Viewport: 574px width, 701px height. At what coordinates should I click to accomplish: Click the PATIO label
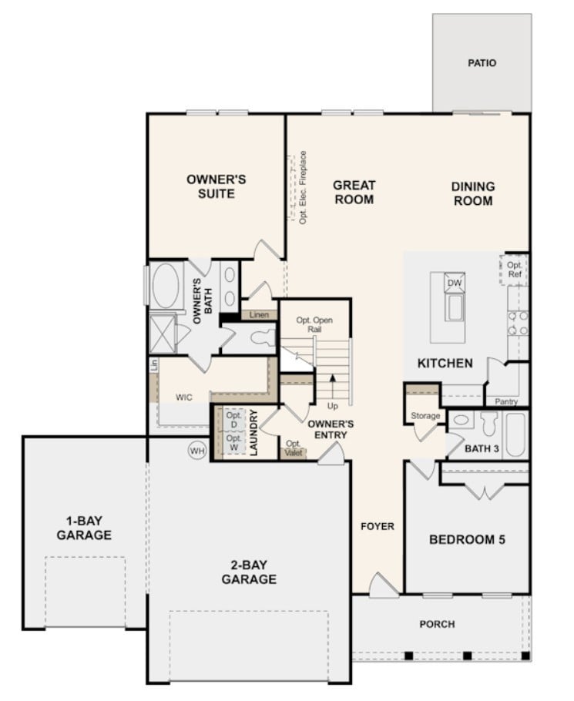[482, 63]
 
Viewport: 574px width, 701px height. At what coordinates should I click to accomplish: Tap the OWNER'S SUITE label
[217, 186]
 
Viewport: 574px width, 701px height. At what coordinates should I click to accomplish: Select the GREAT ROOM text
[354, 193]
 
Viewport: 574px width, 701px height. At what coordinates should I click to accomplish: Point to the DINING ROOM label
[472, 193]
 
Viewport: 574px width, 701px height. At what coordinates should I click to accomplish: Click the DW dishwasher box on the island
[455, 283]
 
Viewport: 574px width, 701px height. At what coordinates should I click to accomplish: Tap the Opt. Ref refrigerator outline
[514, 270]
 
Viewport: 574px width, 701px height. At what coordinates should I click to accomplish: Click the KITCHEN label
[445, 363]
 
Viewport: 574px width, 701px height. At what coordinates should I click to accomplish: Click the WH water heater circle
[196, 451]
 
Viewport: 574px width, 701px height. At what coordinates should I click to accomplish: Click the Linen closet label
[259, 315]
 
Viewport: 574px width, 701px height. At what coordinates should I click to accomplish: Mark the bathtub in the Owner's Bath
[166, 287]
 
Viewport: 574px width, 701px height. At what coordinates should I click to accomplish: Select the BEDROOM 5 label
[467, 539]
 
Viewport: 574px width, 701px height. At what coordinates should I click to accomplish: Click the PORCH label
[437, 624]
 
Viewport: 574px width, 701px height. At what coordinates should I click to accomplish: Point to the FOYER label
[378, 527]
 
